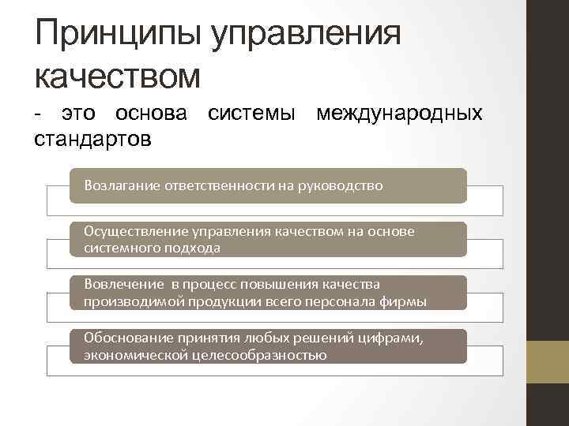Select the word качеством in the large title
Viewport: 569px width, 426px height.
click(x=119, y=76)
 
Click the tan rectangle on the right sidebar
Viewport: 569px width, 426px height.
click(x=548, y=362)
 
